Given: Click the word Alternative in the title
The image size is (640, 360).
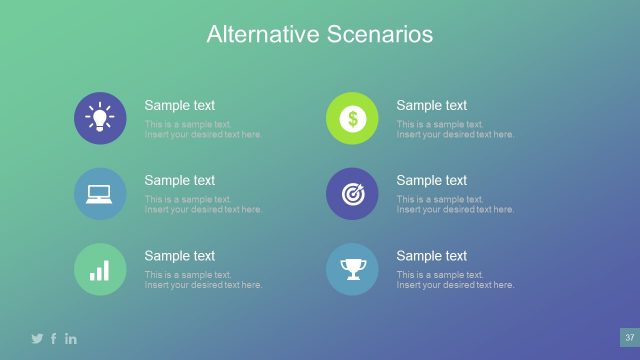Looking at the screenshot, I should (x=263, y=34).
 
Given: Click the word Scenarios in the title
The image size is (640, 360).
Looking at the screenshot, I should (x=380, y=34).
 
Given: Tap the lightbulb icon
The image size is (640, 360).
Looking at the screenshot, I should (x=100, y=118).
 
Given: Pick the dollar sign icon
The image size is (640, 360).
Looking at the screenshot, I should (x=352, y=118).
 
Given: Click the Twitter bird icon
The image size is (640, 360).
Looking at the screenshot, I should (x=37, y=338).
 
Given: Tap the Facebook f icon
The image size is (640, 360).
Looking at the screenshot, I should (x=54, y=338).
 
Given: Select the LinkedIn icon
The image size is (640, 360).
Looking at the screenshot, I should (x=71, y=338).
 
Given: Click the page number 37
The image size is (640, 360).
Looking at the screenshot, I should (x=629, y=337).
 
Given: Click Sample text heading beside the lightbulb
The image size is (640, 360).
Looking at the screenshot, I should (x=179, y=105).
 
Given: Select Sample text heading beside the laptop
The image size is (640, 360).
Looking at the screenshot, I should (x=179, y=180).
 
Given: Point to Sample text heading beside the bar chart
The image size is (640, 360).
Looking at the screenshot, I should (x=179, y=256).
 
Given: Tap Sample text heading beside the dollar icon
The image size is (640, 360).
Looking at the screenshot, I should (x=431, y=105).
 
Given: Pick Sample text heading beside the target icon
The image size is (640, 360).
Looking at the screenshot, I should (x=431, y=180).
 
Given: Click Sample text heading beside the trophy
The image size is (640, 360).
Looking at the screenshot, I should (x=431, y=256).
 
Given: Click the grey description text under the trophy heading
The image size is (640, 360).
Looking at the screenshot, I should (x=455, y=280).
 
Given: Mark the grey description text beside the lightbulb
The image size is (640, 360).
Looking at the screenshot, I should (x=203, y=129).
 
